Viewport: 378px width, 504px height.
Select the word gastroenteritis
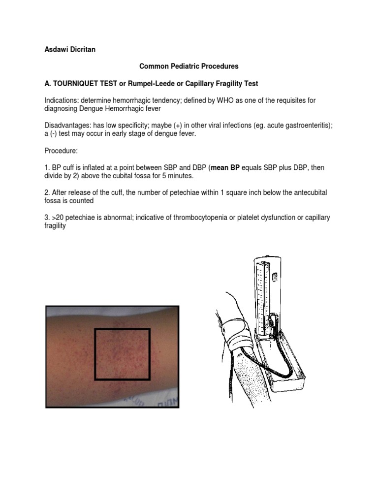[x=305, y=126]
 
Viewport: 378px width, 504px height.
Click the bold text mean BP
[x=225, y=168]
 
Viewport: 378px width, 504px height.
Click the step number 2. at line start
[x=47, y=193]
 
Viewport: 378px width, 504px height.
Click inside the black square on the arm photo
[x=122, y=354]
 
